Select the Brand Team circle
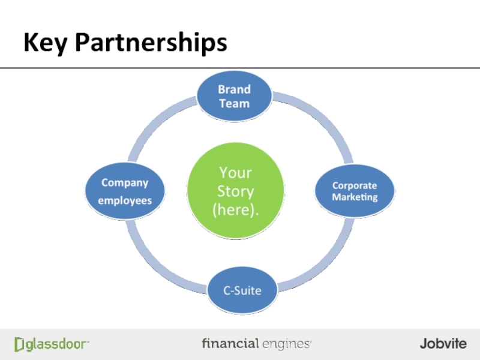pyautogui.click(x=234, y=97)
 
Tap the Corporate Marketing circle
pyautogui.click(x=355, y=191)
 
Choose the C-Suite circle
pyautogui.click(x=242, y=291)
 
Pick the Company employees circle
pyautogui.click(x=125, y=191)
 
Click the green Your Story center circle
pyautogui.click(x=235, y=191)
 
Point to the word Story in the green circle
pyautogui.click(x=235, y=192)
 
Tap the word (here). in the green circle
pyautogui.click(x=235, y=211)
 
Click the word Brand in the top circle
pyautogui.click(x=234, y=89)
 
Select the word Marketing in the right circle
pyautogui.click(x=355, y=197)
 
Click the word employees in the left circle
pyautogui.click(x=125, y=200)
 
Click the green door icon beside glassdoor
pyautogui.click(x=20, y=344)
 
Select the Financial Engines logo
pyautogui.click(x=257, y=344)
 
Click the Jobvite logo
pyautogui.click(x=443, y=344)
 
